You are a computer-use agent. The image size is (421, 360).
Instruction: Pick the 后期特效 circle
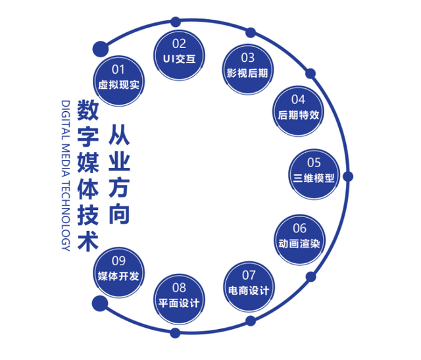tap(298, 107)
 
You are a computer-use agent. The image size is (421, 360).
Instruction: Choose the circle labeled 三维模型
tap(314, 170)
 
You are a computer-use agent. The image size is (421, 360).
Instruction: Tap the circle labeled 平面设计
tap(179, 296)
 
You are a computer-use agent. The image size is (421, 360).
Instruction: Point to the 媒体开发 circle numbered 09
tap(119, 269)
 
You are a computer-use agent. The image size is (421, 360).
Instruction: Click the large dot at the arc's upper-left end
tap(100, 48)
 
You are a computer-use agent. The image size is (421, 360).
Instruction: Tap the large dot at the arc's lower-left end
tap(100, 303)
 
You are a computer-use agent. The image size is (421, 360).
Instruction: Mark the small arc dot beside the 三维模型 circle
tap(348, 176)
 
